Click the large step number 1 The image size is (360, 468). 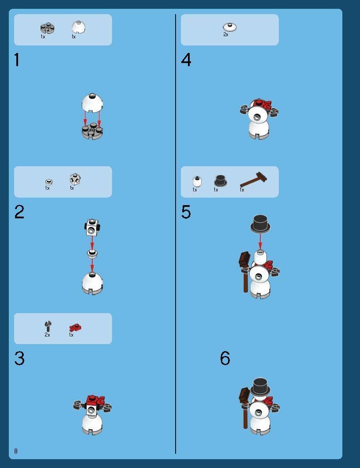point(17,60)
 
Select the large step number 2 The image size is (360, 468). point(19,212)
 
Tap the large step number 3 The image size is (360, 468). point(19,358)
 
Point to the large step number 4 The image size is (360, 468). point(186,60)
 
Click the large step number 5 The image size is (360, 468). point(186,212)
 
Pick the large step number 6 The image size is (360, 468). point(225,358)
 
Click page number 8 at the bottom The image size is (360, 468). point(16,451)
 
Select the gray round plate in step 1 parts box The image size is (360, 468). point(48,28)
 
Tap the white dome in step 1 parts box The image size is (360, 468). point(79,27)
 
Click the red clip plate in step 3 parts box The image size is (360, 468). point(75,328)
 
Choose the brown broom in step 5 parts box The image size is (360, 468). point(253,180)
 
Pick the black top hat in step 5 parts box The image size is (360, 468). point(220,180)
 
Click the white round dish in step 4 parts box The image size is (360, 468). point(230,27)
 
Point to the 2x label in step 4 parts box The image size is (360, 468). point(226,34)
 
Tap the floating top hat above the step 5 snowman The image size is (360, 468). point(260,223)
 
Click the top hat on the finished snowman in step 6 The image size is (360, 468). point(260,387)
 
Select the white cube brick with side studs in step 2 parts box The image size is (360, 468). point(75,179)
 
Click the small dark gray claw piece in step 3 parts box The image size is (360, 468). point(48,326)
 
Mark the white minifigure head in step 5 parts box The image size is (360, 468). point(197,181)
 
